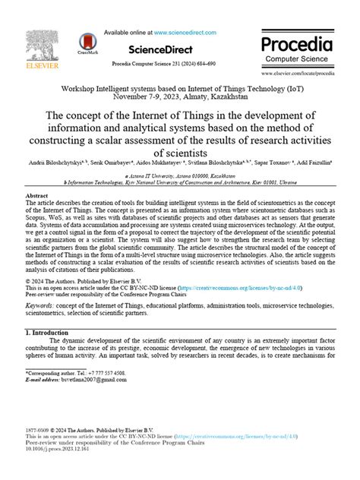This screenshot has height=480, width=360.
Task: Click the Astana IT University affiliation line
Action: [x=181, y=175]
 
